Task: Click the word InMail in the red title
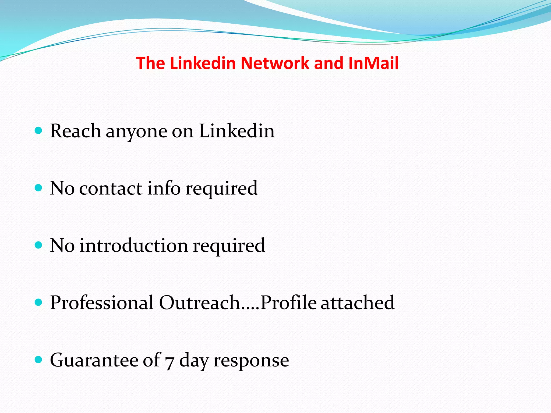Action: [373, 63]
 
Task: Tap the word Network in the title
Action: [275, 63]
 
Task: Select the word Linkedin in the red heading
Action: [203, 63]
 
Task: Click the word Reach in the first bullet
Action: [76, 131]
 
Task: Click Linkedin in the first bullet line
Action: [237, 131]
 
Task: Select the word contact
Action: [111, 188]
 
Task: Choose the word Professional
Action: [102, 302]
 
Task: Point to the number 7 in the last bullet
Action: [169, 362]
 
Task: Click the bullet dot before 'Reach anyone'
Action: [39, 131]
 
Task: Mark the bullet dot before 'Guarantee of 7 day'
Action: [39, 359]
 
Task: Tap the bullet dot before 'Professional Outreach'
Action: [39, 302]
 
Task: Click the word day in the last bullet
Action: [194, 361]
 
